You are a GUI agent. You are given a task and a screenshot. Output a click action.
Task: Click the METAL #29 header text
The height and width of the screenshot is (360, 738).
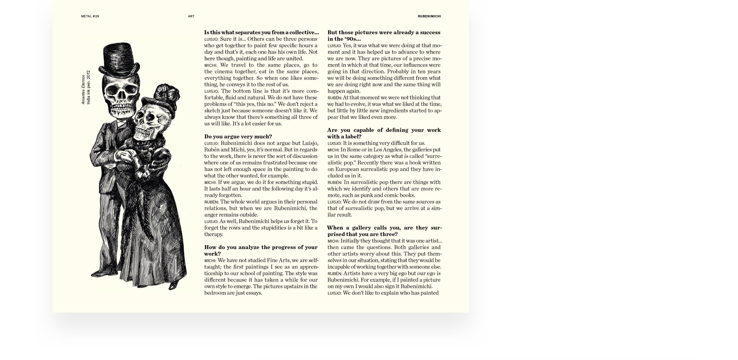(90, 16)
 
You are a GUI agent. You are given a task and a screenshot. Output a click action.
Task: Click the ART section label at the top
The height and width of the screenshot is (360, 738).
(191, 16)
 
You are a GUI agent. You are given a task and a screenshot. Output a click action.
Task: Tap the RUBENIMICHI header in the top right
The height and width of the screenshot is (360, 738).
(429, 16)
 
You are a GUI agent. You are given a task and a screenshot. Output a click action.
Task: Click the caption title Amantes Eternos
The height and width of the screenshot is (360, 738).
(83, 90)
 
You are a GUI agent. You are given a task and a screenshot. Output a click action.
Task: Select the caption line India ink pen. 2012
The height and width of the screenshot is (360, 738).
(89, 87)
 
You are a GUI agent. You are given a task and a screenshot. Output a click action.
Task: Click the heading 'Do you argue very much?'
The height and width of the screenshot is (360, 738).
(238, 137)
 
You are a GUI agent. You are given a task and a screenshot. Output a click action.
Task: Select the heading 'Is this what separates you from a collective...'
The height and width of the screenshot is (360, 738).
(261, 32)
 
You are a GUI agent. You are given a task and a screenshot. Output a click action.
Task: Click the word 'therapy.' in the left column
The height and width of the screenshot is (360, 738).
(214, 234)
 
